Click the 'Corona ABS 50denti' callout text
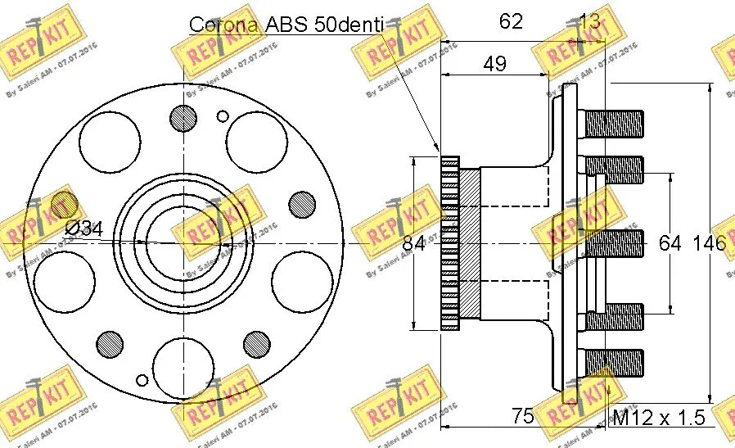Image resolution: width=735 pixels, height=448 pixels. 286,24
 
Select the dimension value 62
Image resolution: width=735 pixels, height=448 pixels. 511,21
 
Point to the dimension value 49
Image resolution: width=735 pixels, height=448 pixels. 494,63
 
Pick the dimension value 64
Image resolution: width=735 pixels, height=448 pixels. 670,242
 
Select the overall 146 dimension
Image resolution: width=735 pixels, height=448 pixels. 709,242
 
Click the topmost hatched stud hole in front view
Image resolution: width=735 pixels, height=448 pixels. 185,116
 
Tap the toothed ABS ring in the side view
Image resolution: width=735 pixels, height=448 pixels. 449,242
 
